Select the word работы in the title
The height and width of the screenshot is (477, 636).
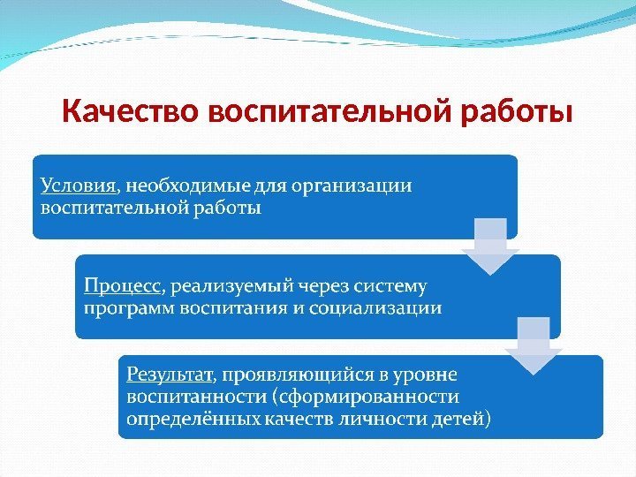516,113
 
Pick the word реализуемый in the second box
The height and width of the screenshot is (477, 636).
231,286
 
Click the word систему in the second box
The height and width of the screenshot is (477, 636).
390,286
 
